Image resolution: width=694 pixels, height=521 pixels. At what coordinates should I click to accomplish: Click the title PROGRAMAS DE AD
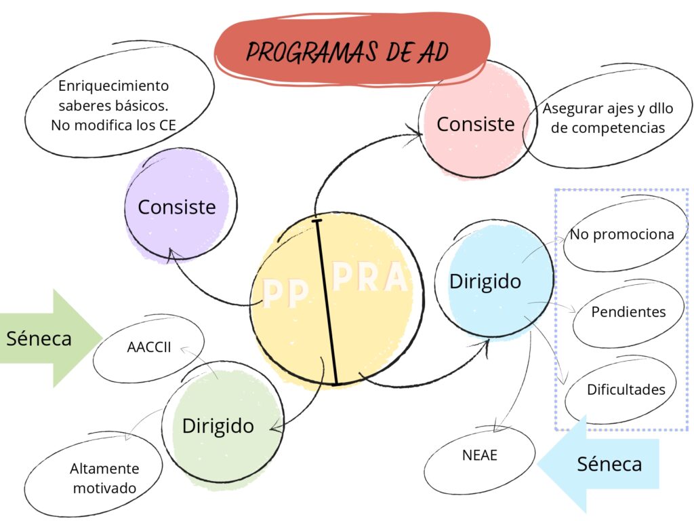coord(347,52)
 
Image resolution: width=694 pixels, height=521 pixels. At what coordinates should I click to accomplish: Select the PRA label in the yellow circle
coord(371,278)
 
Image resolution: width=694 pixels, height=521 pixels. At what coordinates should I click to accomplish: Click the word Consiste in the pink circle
coord(475,124)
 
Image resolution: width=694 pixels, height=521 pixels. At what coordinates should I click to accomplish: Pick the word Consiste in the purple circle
coord(177,207)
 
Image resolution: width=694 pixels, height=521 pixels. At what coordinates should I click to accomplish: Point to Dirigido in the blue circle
coord(485,281)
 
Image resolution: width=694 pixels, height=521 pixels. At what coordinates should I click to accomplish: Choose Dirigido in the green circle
coord(218,426)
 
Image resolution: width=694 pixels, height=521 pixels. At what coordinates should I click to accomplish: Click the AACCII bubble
coord(149,348)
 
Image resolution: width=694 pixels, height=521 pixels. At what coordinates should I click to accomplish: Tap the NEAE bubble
coord(480,455)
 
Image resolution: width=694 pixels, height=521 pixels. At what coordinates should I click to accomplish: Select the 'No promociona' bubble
coord(621,235)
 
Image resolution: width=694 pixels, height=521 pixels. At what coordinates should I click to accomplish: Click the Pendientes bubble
coord(628,312)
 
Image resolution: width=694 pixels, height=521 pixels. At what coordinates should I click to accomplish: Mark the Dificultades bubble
coord(626,389)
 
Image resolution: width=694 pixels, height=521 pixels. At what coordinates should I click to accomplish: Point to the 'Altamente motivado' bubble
coord(104,478)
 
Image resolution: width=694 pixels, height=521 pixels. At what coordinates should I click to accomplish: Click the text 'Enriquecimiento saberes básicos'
coord(113,96)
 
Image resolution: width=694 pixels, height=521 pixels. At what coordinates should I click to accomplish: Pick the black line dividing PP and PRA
coord(326,302)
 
